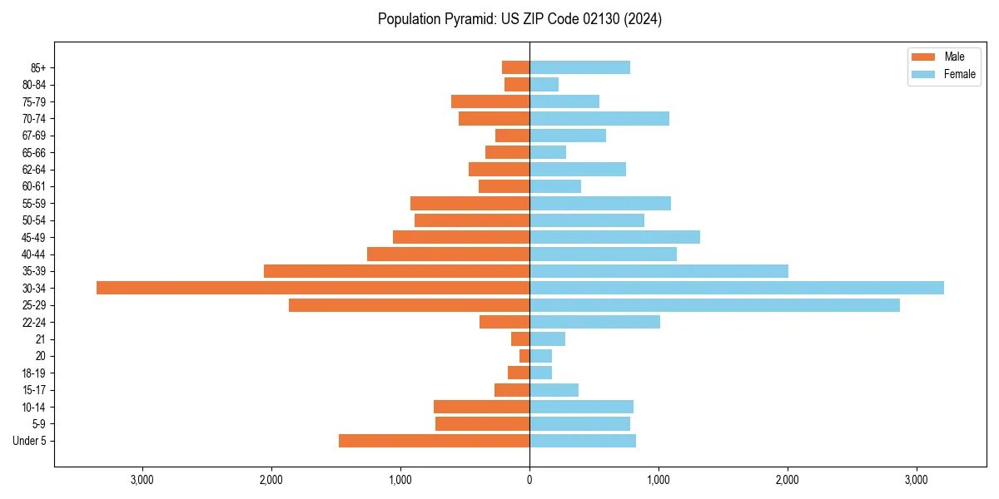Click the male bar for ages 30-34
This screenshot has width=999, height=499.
pyautogui.click(x=313, y=288)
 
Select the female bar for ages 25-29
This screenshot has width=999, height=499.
pyautogui.click(x=714, y=305)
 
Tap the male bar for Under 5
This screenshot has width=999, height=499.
pyautogui.click(x=434, y=441)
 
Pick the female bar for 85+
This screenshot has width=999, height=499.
pyautogui.click(x=579, y=67)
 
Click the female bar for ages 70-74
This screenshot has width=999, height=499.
pyautogui.click(x=599, y=119)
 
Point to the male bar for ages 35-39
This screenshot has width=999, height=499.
pyautogui.click(x=396, y=271)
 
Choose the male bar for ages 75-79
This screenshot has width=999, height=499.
pyautogui.click(x=490, y=101)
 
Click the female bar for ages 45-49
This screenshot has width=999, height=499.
pyautogui.click(x=614, y=237)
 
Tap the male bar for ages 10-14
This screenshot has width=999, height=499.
pyautogui.click(x=481, y=407)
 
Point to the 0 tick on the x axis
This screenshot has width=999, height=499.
pyautogui.click(x=529, y=480)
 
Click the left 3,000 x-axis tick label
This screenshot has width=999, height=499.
pyautogui.click(x=142, y=480)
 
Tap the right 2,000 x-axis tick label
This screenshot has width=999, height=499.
pyautogui.click(x=788, y=480)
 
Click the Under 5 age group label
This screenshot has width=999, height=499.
pyautogui.click(x=29, y=441)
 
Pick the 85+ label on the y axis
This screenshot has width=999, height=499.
pyautogui.click(x=38, y=67)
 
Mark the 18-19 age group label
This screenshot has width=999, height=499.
pyautogui.click(x=34, y=373)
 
